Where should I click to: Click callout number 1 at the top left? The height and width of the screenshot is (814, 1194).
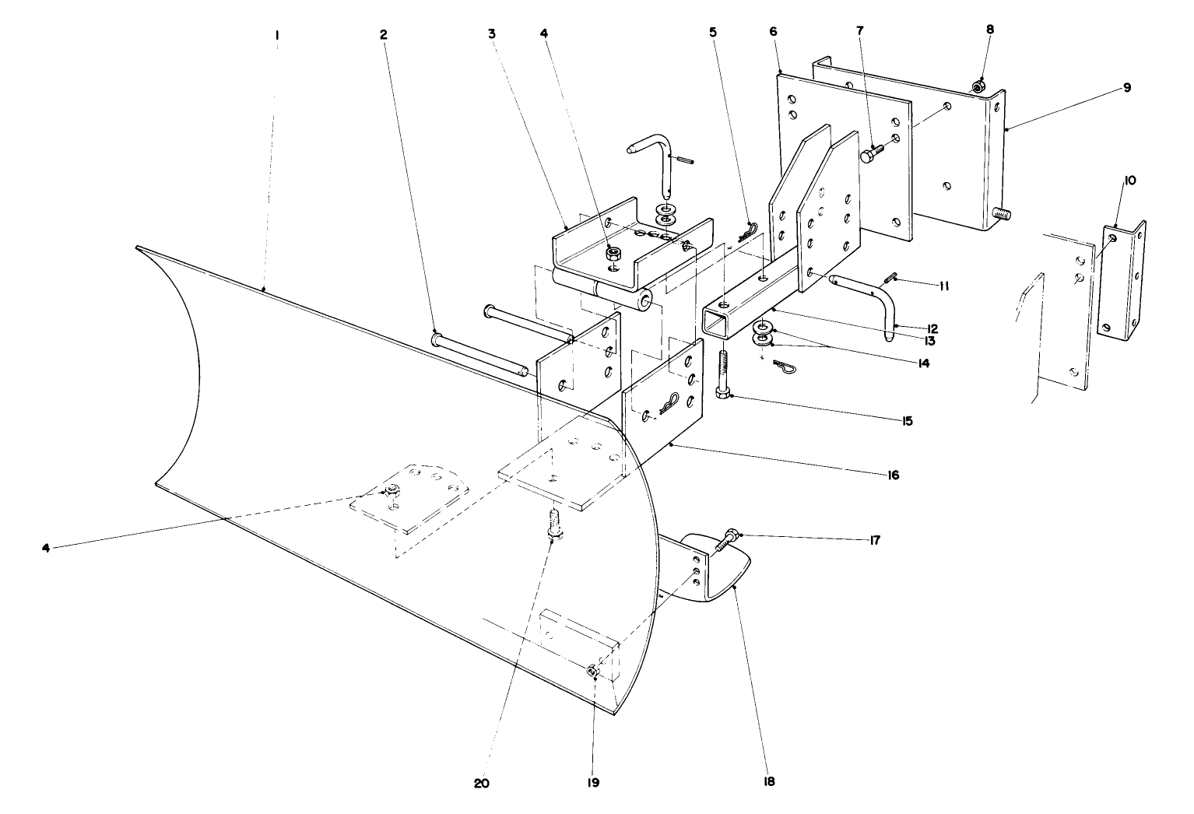(277, 34)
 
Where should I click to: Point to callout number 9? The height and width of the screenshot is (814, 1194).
(1126, 88)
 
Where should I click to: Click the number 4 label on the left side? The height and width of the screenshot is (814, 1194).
(46, 548)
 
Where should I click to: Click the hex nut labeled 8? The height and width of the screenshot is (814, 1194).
(980, 85)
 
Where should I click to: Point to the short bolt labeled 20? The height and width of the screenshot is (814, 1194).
(553, 527)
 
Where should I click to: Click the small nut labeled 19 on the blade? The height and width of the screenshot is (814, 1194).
(593, 670)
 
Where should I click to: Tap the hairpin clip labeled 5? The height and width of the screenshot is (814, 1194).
(748, 231)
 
